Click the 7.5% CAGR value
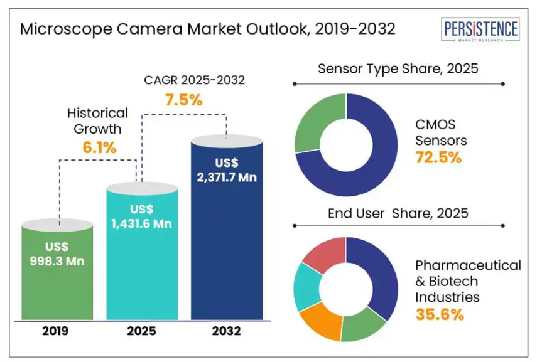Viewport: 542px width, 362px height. [183, 99]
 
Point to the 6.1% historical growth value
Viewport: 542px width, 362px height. [100, 147]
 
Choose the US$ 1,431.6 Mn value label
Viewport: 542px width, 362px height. [142, 216]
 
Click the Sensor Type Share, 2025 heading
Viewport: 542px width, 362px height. [398, 68]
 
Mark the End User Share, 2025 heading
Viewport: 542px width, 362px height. [398, 213]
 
